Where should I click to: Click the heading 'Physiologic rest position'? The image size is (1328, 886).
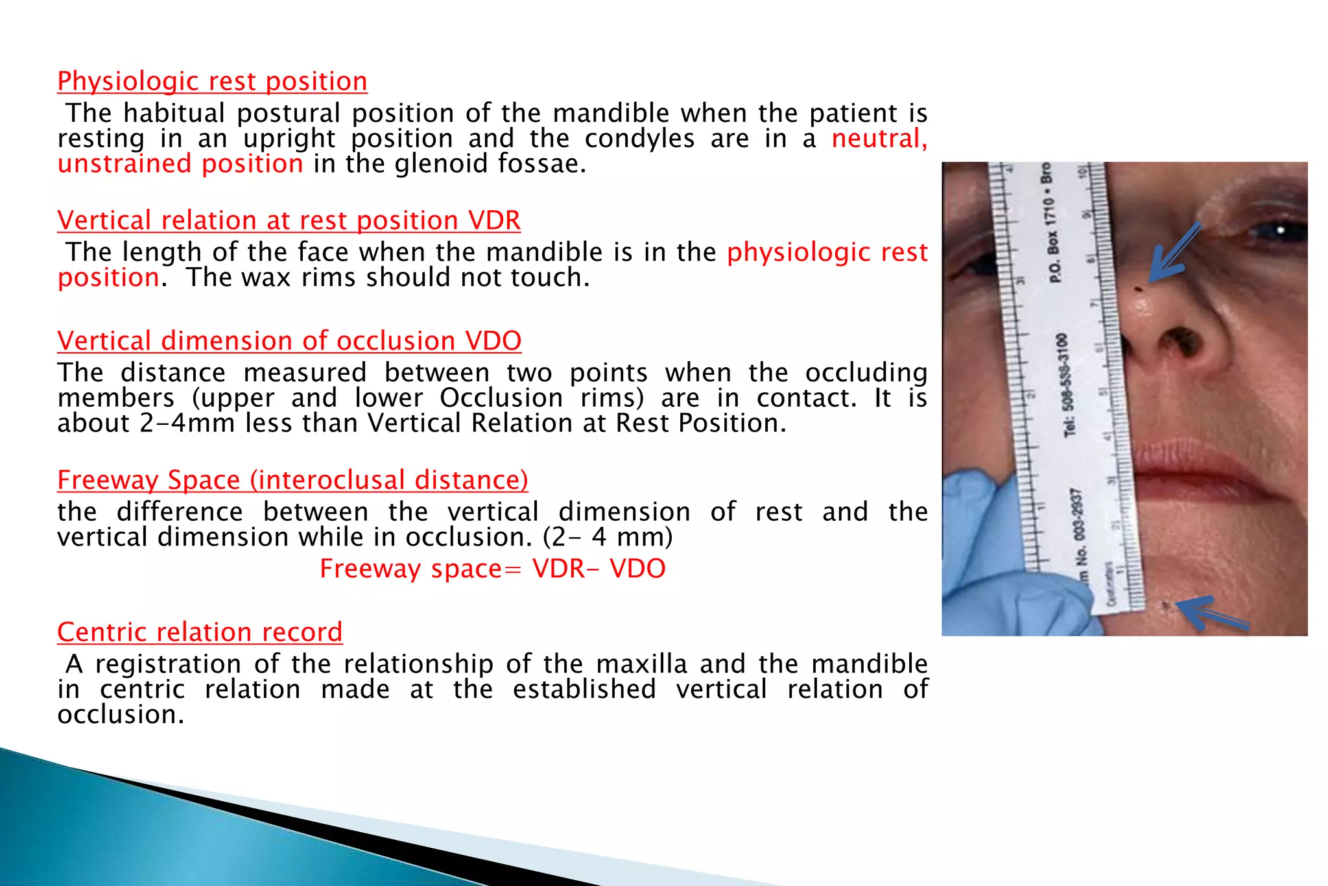212,82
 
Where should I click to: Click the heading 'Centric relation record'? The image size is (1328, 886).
200,632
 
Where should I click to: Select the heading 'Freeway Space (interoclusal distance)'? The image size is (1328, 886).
292,481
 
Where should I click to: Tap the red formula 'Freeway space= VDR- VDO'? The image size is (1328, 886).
492,569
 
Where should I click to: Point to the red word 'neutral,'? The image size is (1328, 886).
879,139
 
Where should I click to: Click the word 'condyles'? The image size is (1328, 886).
639,139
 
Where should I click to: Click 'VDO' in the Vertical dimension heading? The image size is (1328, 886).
493,341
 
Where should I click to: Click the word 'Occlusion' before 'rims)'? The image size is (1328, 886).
501,398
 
